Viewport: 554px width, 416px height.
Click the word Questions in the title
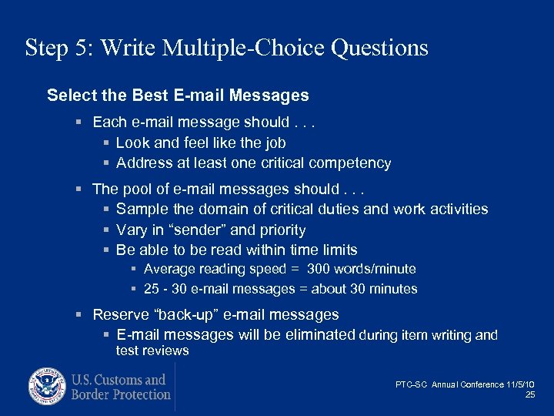click(379, 48)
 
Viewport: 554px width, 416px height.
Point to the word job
click(275, 143)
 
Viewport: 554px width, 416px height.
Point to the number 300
click(319, 269)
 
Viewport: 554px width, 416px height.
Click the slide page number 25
click(530, 394)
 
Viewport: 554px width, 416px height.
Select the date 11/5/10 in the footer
click(520, 384)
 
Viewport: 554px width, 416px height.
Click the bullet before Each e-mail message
click(81, 122)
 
